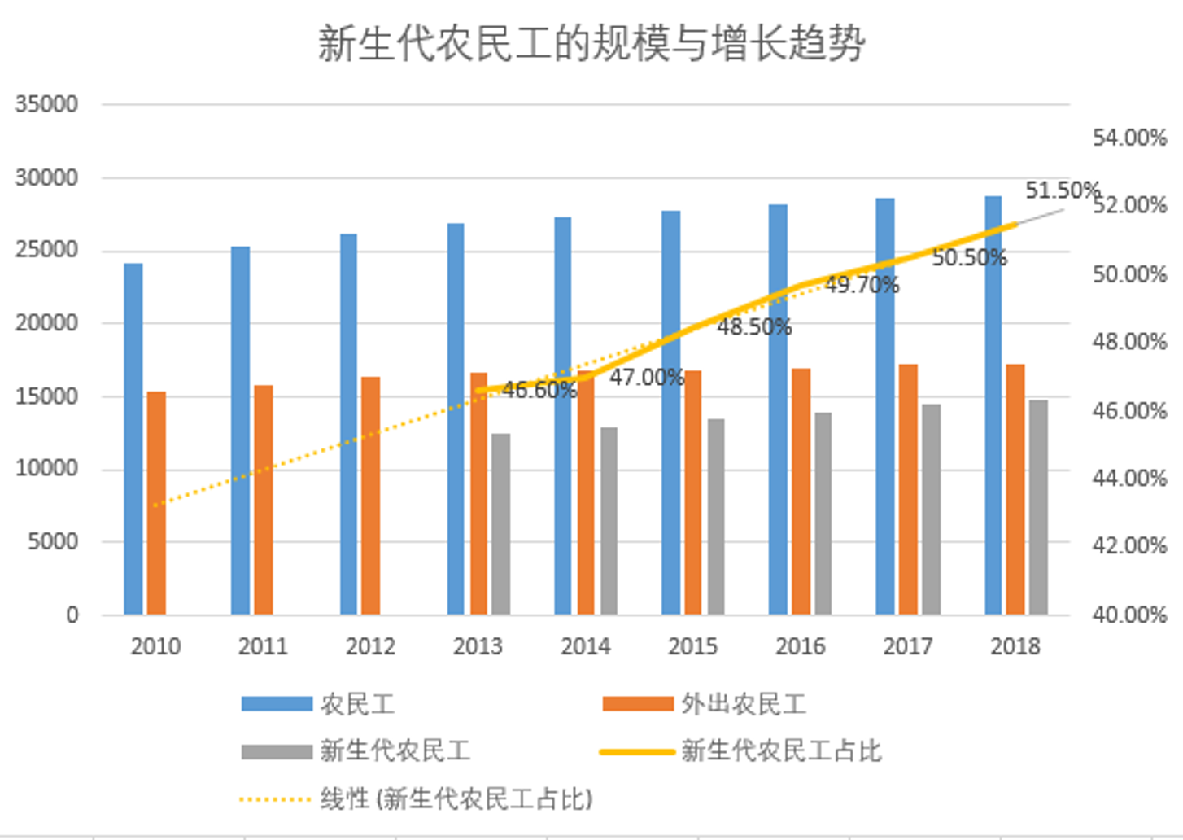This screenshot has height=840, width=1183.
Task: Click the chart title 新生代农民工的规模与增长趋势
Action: (x=591, y=43)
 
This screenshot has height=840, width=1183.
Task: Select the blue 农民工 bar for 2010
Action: (x=133, y=440)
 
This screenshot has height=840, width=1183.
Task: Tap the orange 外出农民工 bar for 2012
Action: (x=370, y=495)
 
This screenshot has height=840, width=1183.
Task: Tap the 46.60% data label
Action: (x=539, y=390)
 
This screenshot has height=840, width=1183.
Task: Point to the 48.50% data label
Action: (x=753, y=327)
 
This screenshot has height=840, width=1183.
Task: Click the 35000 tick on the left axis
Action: (x=46, y=104)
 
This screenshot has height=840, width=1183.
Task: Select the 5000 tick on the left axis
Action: (x=53, y=541)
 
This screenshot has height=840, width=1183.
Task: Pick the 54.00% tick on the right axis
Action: (x=1129, y=138)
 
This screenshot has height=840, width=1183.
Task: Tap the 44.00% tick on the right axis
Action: (x=1129, y=478)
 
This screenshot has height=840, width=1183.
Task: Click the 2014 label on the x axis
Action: (x=585, y=646)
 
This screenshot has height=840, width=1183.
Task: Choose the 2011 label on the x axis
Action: (x=263, y=646)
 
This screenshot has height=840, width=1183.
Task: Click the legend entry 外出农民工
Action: (x=743, y=704)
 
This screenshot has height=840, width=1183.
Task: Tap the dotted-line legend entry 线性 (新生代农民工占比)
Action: (x=456, y=798)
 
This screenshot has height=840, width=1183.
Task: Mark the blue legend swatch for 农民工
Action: (x=277, y=704)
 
